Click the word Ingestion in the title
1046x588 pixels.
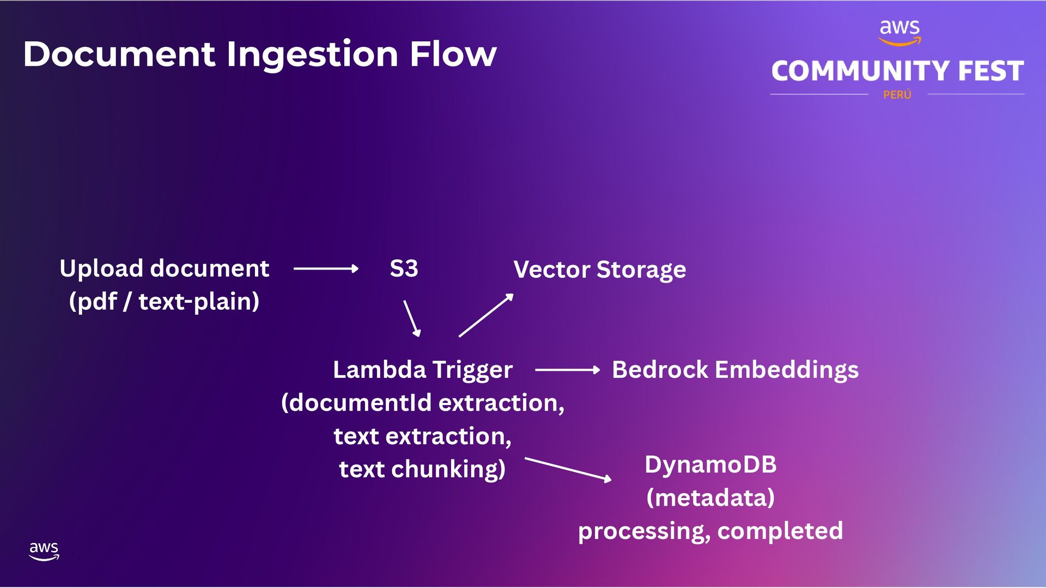click(312, 54)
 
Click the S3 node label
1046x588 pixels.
click(404, 268)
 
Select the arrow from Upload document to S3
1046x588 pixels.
click(326, 268)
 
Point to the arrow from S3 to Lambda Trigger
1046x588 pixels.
click(412, 318)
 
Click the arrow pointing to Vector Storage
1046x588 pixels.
click(486, 315)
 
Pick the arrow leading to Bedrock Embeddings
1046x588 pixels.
click(567, 370)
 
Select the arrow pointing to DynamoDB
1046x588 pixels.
click(568, 469)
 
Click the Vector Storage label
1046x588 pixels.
click(599, 269)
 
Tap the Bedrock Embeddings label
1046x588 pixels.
click(735, 370)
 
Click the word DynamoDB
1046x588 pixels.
click(710, 464)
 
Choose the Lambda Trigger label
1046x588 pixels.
click(423, 370)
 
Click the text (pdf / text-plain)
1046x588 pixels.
click(164, 302)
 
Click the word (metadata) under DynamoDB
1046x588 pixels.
click(710, 498)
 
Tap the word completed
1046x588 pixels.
click(780, 531)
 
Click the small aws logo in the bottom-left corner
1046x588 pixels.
click(44, 550)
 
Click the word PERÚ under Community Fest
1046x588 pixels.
click(897, 95)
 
